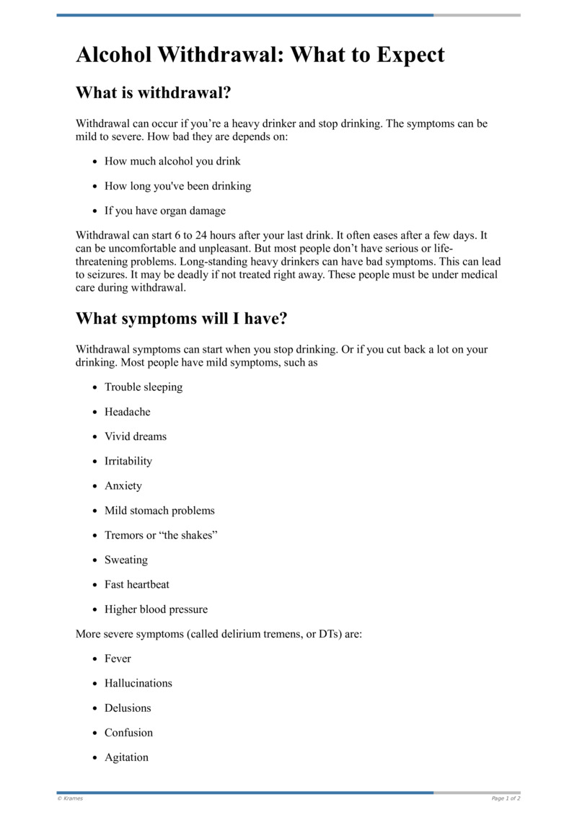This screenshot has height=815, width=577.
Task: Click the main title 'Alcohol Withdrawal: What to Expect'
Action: pos(260,55)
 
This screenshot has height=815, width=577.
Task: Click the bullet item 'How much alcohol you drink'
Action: pos(172,161)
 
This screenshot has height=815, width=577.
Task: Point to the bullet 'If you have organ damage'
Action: pos(164,211)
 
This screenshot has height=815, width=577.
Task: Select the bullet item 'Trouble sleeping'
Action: pos(144,387)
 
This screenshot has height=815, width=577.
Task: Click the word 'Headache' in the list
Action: pos(128,412)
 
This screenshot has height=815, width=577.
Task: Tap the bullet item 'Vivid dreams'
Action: pos(136,436)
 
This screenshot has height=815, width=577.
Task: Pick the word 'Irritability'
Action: pos(128,461)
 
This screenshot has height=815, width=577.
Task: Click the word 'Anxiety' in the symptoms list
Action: pos(123,485)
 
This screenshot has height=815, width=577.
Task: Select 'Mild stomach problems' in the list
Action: pos(159,511)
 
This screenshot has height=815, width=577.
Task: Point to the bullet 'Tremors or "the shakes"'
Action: pos(161,535)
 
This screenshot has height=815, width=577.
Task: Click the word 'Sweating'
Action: pos(126,560)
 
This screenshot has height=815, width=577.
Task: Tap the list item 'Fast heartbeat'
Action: pos(137,584)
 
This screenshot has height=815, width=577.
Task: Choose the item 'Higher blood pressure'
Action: pos(156,609)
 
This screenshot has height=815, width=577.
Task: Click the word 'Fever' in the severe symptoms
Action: pos(118,658)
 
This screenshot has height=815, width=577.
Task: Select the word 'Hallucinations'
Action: pos(138,683)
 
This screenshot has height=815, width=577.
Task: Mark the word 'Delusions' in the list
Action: pos(128,708)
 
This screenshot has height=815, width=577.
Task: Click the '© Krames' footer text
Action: pos(70,798)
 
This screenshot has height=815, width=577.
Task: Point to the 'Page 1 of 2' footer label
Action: pos(506,798)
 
